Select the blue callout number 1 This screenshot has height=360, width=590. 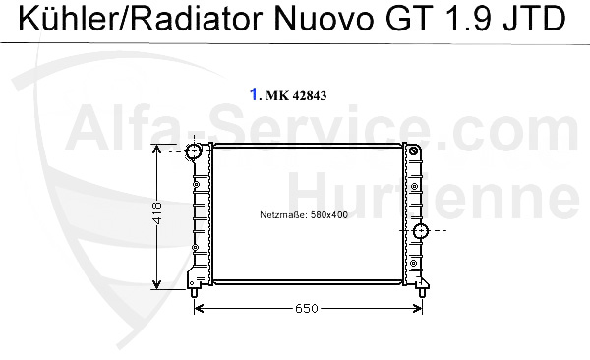[x=254, y=95]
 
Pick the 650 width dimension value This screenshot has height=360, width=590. [x=308, y=309]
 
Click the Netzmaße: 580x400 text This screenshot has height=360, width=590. [x=304, y=214]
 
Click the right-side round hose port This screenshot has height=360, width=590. [x=422, y=232]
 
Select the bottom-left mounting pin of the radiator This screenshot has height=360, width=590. [x=196, y=292]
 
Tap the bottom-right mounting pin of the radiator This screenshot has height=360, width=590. [x=423, y=292]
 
